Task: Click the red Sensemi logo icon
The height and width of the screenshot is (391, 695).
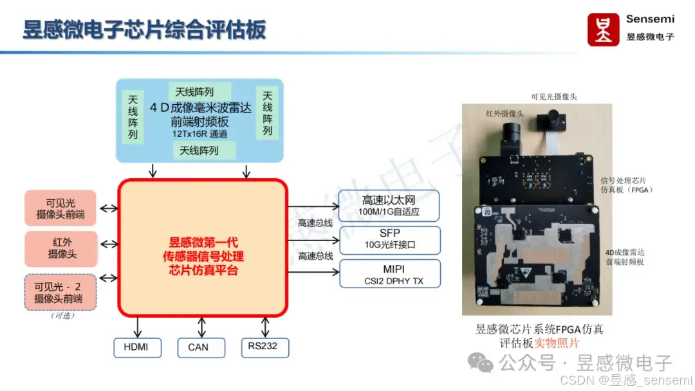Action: [603, 30]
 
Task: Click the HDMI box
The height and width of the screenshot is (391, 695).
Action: [135, 347]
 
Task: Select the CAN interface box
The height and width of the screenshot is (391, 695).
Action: [198, 347]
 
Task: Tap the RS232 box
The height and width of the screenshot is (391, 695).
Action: [264, 347]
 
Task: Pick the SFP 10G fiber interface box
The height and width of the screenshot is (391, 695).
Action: [390, 239]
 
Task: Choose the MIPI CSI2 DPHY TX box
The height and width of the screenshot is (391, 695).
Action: [390, 273]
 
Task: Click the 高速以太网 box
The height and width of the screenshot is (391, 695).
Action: [390, 205]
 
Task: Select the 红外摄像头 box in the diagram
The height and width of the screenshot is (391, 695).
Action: [61, 249]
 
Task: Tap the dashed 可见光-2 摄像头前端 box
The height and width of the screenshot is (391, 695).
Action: [61, 293]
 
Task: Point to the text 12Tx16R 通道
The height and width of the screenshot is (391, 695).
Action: [199, 134]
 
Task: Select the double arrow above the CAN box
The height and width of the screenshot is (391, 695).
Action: [202, 327]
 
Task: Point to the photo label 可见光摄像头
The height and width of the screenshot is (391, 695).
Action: [553, 96]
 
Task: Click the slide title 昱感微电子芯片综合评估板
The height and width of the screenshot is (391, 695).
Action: [144, 30]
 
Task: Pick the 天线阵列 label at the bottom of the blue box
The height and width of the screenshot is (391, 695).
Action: [199, 150]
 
